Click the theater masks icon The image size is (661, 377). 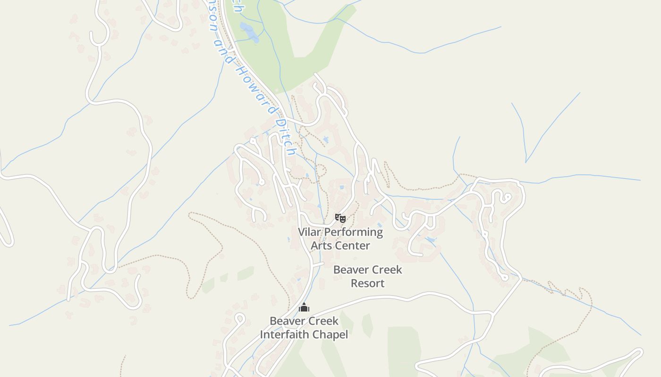point(340,218)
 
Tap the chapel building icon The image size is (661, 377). point(304,308)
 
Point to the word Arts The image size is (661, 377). point(321,246)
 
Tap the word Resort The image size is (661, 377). point(367,283)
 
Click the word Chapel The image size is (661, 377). point(332,335)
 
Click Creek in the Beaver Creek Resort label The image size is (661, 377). point(386,270)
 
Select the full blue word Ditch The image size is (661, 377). point(286,137)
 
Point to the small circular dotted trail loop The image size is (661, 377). point(321,170)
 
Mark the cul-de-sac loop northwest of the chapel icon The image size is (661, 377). point(240,318)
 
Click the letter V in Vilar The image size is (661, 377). point(302,232)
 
